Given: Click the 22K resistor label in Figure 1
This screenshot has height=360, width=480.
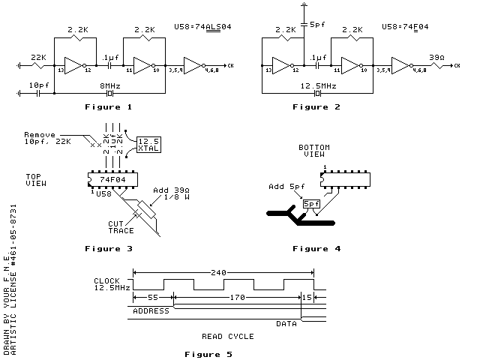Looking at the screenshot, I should (37, 58).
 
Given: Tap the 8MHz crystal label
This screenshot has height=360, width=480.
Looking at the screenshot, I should (110, 86).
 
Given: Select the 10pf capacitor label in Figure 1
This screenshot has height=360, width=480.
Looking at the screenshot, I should (40, 86).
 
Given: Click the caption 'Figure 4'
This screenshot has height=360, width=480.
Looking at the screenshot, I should (316, 247).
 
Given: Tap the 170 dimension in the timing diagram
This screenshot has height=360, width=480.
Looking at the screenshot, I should (238, 298).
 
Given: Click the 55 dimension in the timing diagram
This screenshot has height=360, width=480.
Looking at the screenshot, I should (152, 298).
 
